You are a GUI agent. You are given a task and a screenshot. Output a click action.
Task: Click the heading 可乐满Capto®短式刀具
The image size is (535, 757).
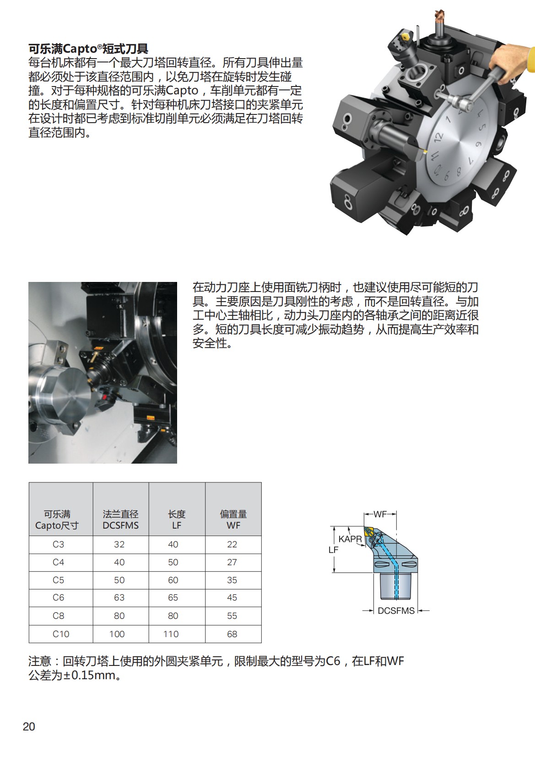click(88, 49)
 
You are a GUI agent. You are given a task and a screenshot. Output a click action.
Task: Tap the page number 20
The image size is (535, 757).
click(29, 726)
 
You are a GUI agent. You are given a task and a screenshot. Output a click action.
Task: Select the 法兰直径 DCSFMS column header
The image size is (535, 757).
click(120, 520)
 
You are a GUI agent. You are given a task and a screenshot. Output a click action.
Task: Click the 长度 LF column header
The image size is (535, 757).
click(177, 520)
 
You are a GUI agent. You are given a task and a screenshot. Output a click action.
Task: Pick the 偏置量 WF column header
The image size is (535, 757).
click(233, 520)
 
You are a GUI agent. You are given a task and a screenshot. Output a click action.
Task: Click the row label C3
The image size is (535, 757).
click(58, 544)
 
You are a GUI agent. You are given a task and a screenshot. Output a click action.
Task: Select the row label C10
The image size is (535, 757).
click(60, 634)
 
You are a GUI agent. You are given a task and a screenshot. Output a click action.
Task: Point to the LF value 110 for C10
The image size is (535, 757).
click(171, 634)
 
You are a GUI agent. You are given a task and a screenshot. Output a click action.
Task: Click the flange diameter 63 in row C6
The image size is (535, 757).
click(119, 598)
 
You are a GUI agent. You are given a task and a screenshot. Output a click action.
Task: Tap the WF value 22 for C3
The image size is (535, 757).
click(232, 544)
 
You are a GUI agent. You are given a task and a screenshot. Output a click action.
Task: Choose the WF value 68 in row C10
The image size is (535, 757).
click(232, 634)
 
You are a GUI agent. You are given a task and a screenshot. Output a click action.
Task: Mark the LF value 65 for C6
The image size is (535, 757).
click(173, 598)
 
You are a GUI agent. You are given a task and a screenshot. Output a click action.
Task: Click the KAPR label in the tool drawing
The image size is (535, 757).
click(350, 539)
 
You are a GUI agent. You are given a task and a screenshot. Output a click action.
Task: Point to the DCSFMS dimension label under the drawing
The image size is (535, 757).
click(396, 611)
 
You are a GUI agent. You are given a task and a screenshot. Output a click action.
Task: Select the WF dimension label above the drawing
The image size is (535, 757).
click(380, 514)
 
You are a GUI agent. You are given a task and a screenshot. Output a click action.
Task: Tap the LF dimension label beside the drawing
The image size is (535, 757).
click(333, 550)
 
